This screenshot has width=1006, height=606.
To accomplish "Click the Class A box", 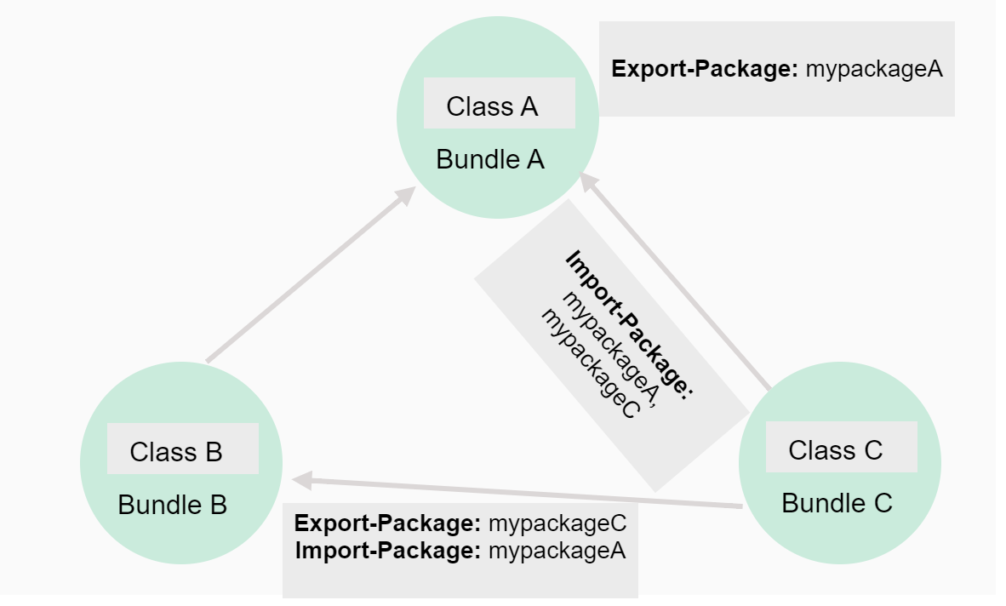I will coord(499,104).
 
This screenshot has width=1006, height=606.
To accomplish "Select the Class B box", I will coord(182,449).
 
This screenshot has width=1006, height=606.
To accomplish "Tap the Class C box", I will coord(841,448).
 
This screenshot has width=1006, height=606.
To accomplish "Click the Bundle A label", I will coord(490,159).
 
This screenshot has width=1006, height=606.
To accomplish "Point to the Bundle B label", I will coord(172,505).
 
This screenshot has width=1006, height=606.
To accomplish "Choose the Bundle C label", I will coord(837,503).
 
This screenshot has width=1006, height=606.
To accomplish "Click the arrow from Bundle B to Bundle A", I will coord(306,277).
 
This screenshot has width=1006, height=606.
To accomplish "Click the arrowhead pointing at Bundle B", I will coord(300,479).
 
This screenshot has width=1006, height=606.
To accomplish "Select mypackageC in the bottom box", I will coord(557,523).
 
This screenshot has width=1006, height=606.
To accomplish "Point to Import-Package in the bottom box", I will coord(388,551).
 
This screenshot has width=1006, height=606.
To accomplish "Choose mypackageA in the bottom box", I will coord(557,551).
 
